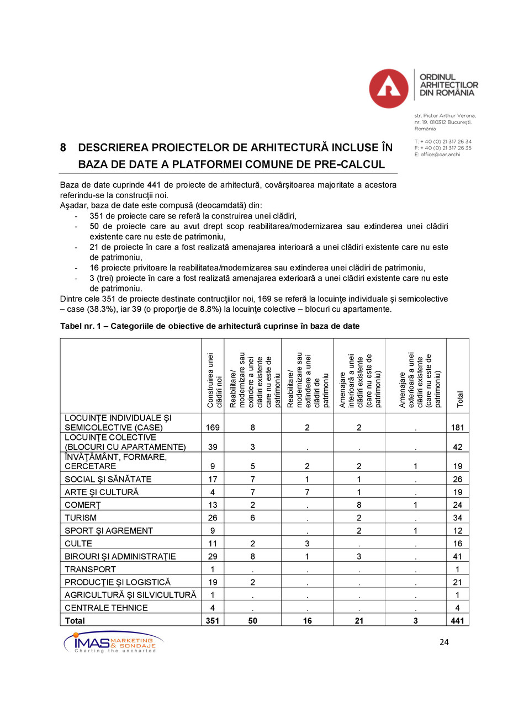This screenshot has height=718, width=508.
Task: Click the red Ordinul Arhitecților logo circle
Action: (x=388, y=88)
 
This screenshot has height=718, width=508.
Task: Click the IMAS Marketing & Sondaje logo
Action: (x=113, y=642)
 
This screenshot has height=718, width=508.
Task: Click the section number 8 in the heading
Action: (x=64, y=148)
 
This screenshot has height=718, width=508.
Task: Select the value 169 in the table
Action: (x=213, y=428)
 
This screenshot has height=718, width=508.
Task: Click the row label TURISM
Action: (x=81, y=518)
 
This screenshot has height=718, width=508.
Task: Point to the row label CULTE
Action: (x=78, y=544)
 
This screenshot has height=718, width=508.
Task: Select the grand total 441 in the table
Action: (x=457, y=621)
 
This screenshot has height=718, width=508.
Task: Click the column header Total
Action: (x=459, y=398)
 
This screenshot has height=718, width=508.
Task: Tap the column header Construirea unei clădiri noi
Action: (x=214, y=381)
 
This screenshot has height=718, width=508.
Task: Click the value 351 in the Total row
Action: (x=213, y=621)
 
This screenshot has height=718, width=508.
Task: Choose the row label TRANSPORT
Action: (x=91, y=569)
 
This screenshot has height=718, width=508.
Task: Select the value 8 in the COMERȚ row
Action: (x=359, y=505)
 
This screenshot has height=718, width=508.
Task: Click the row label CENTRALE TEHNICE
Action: (x=106, y=608)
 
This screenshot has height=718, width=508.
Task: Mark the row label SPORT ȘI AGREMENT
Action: (x=109, y=530)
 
